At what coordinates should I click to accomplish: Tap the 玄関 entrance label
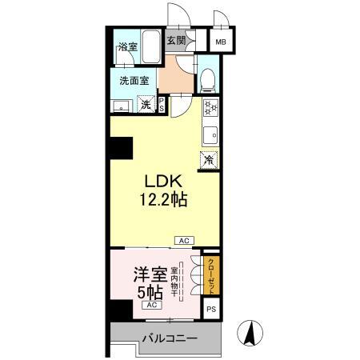coord(176,40)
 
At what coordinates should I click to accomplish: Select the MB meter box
coord(218,43)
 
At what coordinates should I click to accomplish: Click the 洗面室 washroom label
coord(134,80)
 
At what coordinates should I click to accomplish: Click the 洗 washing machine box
coord(146,104)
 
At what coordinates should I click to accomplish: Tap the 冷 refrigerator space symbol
coord(210,159)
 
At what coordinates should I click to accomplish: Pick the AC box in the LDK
coord(183,240)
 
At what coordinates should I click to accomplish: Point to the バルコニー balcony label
coord(170,338)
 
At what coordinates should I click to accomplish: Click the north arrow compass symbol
coord(250,332)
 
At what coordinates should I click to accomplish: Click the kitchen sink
coord(210,134)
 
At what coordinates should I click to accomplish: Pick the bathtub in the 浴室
coord(150,46)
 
